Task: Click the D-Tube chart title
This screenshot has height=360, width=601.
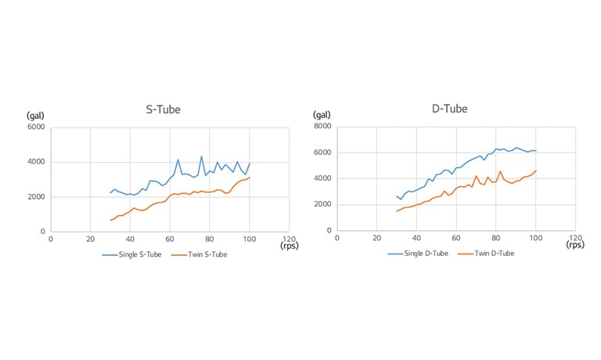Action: [x=450, y=108]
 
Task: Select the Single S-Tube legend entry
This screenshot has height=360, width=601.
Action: [x=131, y=255]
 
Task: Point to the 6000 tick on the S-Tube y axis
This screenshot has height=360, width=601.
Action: [x=37, y=127]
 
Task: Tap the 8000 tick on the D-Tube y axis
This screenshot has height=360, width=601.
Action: [x=323, y=126]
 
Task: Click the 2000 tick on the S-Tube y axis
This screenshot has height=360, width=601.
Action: [x=37, y=197]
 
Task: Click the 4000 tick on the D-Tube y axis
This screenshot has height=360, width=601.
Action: [x=323, y=178]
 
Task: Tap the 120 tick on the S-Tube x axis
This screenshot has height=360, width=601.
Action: [x=289, y=238]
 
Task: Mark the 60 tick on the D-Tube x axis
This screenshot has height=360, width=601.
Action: [x=456, y=238]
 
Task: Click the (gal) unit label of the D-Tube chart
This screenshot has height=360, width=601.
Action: [x=322, y=114]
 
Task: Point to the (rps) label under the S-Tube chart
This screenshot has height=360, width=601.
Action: [x=289, y=245]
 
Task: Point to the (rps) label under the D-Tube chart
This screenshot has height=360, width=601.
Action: [x=575, y=244]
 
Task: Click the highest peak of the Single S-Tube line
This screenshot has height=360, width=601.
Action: [x=201, y=156]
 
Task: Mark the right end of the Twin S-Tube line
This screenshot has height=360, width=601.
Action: [x=250, y=177]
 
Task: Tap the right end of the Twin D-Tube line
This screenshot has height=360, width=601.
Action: [x=536, y=170]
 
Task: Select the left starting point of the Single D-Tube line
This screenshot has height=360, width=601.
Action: [x=397, y=196]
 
